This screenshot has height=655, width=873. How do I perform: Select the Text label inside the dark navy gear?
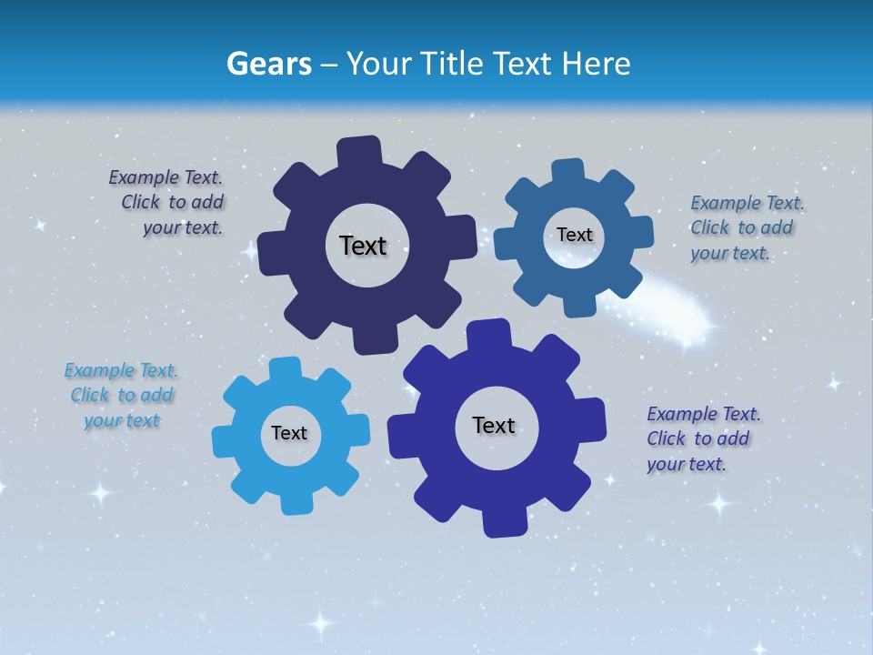[x=363, y=246]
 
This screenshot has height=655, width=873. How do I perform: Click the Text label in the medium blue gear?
[x=575, y=235]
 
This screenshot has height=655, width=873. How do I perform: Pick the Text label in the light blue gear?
[x=289, y=433]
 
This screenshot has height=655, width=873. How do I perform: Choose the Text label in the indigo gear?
[x=494, y=425]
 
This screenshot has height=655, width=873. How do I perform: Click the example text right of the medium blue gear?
[x=744, y=227]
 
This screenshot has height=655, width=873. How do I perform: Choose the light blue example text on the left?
[x=121, y=395]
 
